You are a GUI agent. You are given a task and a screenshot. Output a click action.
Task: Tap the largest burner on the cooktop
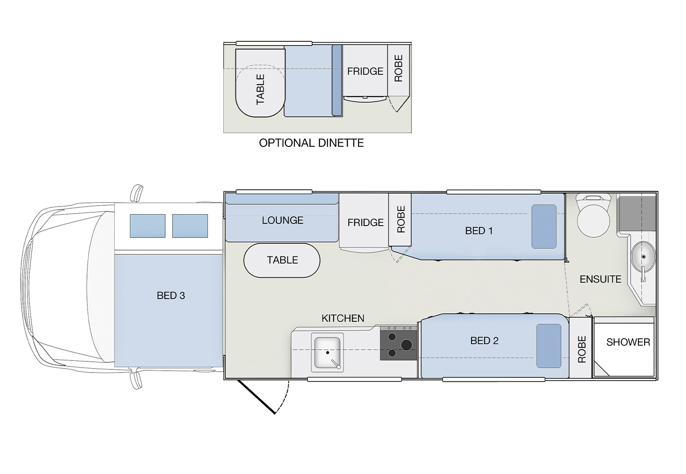tap(406, 344)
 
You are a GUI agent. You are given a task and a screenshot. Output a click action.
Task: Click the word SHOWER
tap(628, 342)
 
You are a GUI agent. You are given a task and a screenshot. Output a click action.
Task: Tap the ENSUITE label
tap(600, 279)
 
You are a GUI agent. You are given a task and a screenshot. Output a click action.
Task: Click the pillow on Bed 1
tap(544, 227)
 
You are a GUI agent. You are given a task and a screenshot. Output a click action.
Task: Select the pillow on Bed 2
tap(549, 346)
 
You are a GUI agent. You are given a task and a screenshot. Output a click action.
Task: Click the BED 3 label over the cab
tap(171, 296)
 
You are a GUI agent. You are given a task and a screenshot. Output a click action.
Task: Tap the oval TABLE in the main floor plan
tap(282, 260)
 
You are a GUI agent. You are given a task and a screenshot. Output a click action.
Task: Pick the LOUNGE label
tap(282, 220)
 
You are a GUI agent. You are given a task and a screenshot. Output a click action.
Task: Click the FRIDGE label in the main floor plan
tap(365, 223)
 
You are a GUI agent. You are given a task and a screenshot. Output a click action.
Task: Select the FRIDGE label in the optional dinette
tap(365, 71)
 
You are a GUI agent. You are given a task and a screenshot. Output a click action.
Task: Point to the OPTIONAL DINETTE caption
tap(311, 143)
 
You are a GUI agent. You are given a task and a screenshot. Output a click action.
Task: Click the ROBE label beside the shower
tap(581, 349)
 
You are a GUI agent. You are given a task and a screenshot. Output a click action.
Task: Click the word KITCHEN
tap(343, 318)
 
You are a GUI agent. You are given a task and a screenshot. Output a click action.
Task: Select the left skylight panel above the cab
tap(147, 226)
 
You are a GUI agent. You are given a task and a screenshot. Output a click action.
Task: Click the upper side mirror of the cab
tap(137, 193)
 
